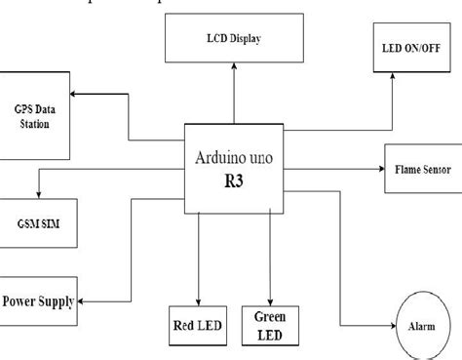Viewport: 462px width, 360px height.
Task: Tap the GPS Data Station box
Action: click(34, 115)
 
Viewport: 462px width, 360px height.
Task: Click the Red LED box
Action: click(197, 324)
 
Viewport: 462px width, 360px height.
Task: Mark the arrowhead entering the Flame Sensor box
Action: click(377, 168)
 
